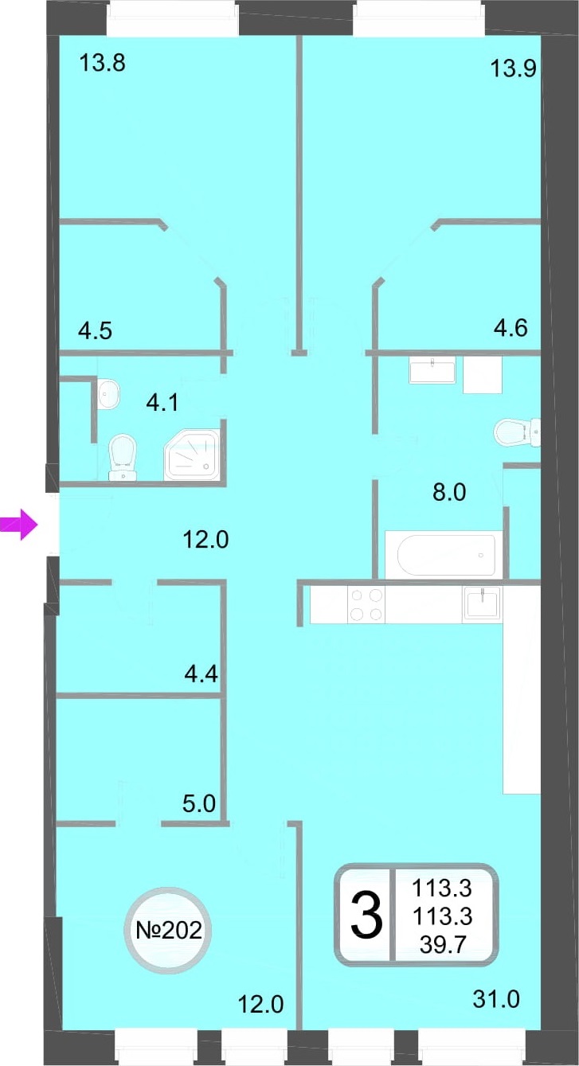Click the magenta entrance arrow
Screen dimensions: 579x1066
(x=18, y=525)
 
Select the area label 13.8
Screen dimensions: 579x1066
(x=103, y=63)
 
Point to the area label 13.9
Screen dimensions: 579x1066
(x=513, y=69)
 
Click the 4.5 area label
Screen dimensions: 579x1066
(x=96, y=330)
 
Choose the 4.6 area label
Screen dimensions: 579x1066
(x=511, y=328)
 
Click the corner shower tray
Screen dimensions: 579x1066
(x=193, y=455)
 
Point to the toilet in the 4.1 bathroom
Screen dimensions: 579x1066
(x=123, y=457)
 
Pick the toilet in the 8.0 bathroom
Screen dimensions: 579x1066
(x=517, y=432)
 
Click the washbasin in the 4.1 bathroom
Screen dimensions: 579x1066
(x=108, y=393)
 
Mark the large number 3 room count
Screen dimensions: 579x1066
(x=366, y=916)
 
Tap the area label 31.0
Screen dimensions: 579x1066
(x=496, y=999)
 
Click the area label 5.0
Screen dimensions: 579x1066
(x=199, y=804)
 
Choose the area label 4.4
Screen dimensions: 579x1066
(x=201, y=674)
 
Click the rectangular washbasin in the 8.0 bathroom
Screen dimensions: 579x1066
(x=432, y=371)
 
